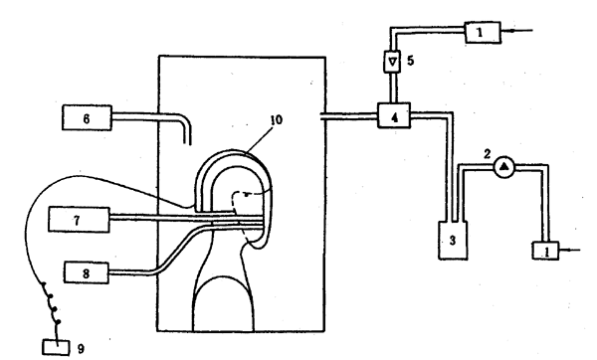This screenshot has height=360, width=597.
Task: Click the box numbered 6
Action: click(87, 118)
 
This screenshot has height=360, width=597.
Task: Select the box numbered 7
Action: click(79, 220)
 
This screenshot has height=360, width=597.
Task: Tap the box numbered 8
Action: click(86, 272)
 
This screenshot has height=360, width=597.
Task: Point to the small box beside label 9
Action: click(56, 347)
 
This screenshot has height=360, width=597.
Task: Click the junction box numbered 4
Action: click(394, 115)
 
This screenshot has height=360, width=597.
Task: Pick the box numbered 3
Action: click(453, 240)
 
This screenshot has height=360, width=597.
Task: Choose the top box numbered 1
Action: click(483, 33)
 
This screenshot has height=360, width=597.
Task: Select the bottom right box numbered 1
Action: click(545, 251)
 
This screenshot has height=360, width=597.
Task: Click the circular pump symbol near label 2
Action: click(504, 167)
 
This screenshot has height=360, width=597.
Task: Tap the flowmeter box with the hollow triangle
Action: click(393, 62)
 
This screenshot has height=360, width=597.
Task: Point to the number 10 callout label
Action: click(277, 120)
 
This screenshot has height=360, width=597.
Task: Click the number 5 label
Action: click(410, 61)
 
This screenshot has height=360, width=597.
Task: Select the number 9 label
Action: click(81, 349)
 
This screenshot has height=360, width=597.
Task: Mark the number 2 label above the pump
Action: click(488, 154)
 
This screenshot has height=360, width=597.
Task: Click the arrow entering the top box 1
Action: click(516, 31)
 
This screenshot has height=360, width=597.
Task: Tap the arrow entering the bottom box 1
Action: click(569, 250)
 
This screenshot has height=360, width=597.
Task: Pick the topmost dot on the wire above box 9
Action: click(44, 284)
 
